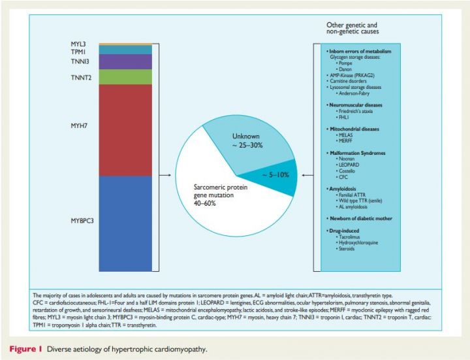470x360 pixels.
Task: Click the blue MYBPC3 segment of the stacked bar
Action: pos(125,222)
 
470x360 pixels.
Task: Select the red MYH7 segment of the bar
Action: pos(125,130)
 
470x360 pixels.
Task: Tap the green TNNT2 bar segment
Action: pos(125,77)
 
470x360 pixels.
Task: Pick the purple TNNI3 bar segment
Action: pos(125,61)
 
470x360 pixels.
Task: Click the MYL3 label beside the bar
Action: pos(79,43)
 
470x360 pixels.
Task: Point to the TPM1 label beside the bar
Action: pos(79,50)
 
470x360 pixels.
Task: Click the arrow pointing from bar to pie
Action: pos(164,175)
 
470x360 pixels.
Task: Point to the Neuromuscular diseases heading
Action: pos(356,105)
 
